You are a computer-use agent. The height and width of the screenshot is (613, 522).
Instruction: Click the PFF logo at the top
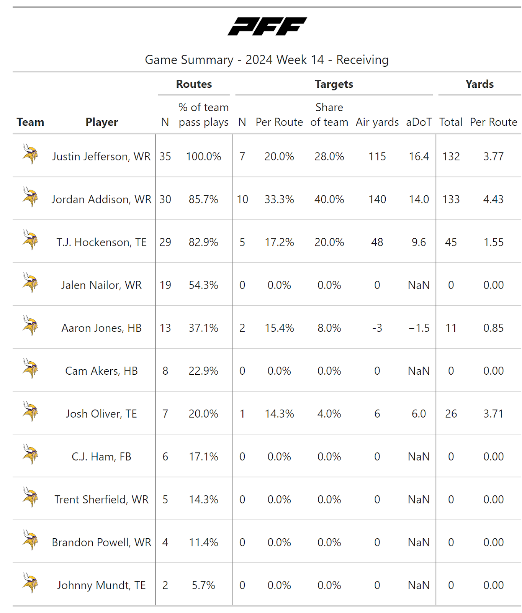(x=267, y=26)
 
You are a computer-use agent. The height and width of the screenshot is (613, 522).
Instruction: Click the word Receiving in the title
(x=362, y=60)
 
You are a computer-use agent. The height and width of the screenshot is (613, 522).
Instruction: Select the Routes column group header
(x=194, y=84)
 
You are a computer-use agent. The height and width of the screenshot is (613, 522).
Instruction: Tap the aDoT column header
(x=419, y=122)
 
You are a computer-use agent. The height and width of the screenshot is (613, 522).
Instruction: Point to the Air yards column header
(x=377, y=122)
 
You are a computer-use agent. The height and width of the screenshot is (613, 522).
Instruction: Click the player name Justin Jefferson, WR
(x=101, y=156)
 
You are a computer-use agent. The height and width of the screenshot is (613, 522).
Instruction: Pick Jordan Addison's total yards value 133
(x=451, y=199)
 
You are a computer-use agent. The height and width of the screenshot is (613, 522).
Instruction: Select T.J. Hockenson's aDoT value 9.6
(x=419, y=242)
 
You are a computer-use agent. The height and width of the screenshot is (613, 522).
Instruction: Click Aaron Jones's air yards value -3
(x=377, y=328)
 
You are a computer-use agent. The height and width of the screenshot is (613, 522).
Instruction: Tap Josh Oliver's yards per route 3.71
(x=493, y=414)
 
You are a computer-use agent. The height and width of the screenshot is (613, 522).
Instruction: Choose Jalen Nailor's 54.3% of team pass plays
(x=203, y=285)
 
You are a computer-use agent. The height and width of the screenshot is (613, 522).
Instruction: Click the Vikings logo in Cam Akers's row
(x=30, y=369)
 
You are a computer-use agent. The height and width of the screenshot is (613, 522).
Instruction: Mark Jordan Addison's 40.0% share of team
(x=329, y=199)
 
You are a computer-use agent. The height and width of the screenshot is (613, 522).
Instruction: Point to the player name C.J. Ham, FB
(x=101, y=457)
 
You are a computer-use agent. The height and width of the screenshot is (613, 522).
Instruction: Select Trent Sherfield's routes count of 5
(x=165, y=500)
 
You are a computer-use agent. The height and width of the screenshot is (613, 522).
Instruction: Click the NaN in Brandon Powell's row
(x=419, y=543)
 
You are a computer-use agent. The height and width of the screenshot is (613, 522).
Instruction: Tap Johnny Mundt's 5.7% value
(x=203, y=585)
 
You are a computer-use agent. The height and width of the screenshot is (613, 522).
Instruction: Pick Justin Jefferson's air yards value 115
(x=377, y=156)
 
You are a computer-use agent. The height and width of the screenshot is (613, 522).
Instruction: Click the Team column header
(x=30, y=122)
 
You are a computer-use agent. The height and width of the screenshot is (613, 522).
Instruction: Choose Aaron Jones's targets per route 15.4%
(x=279, y=328)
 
